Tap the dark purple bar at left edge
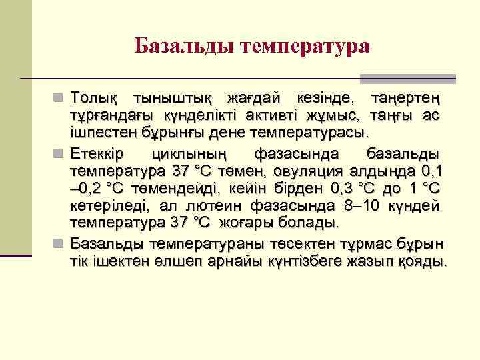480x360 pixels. click(x=16, y=255)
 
